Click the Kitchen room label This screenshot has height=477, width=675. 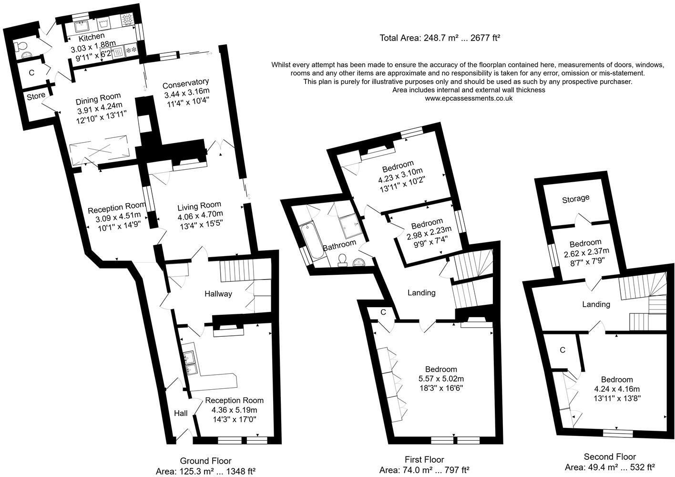click(92, 37)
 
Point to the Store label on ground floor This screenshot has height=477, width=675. click(36, 95)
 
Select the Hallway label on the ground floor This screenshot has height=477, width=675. click(218, 293)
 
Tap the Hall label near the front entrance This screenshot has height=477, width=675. click(181, 413)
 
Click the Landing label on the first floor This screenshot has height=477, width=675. click(421, 292)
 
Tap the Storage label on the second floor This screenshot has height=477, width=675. click(575, 198)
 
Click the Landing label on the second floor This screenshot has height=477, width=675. click(596, 304)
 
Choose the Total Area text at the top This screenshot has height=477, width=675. click(440, 38)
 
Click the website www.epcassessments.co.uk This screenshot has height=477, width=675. click(469, 98)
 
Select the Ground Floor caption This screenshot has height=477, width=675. click(205, 461)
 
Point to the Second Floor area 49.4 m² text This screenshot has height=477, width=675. click(610, 467)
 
